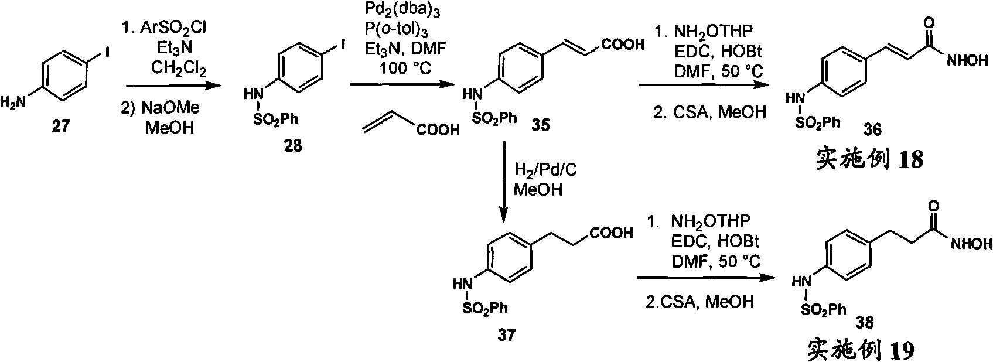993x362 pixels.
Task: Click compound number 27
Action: [x=61, y=127]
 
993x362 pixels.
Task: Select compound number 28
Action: [x=293, y=145]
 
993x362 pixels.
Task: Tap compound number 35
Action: [x=540, y=125]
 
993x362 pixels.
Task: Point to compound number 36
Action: [x=872, y=129]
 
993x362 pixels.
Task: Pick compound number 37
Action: [x=506, y=334]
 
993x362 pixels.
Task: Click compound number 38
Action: [x=865, y=323]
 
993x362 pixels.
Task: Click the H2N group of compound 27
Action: [x=13, y=103]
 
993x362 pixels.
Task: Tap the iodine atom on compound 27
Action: [x=107, y=53]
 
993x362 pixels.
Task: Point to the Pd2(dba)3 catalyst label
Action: [x=402, y=10]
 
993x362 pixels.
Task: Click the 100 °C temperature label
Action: [x=405, y=67]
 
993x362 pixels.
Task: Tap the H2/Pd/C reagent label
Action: [x=545, y=170]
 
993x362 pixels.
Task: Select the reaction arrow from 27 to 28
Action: [x=173, y=86]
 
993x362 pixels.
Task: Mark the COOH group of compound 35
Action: [x=623, y=45]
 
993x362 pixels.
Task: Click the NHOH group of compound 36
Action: [x=968, y=61]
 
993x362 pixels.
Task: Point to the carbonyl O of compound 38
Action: [x=934, y=206]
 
